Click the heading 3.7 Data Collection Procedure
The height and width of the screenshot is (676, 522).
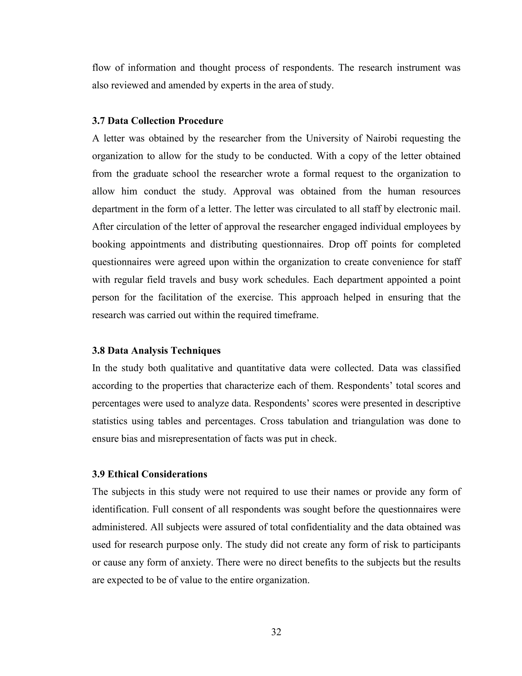click(x=158, y=121)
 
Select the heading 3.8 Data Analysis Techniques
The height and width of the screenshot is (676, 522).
click(x=156, y=350)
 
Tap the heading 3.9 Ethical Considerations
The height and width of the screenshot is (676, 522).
click(x=149, y=474)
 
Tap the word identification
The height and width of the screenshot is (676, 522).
click(x=120, y=509)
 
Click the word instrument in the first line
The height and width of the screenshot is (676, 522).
click(x=419, y=68)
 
